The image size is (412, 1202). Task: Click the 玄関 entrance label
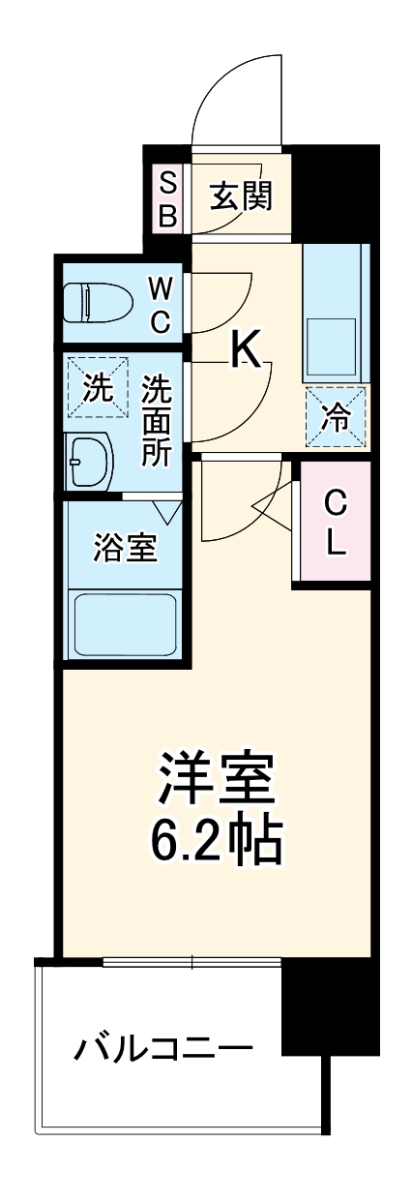coord(241,196)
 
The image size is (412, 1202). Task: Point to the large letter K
coord(246,350)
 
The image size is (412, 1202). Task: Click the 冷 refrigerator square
coord(337,417)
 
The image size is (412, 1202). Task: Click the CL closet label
coord(335,523)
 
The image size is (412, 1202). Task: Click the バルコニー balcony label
coord(165,1047)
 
